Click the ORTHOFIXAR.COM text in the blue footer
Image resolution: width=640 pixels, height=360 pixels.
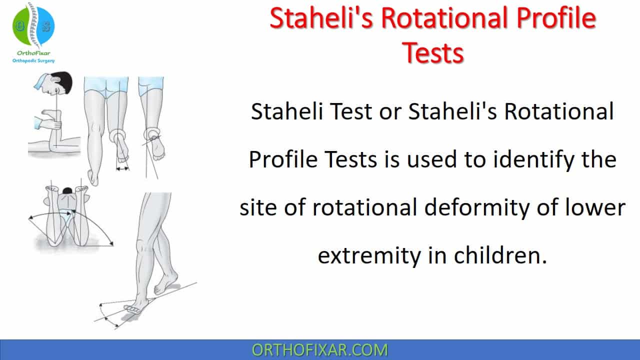pyautogui.click(x=319, y=350)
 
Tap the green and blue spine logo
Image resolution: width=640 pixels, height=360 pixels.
pyautogui.click(x=33, y=25)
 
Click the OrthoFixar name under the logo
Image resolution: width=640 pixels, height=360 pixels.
pyautogui.click(x=33, y=53)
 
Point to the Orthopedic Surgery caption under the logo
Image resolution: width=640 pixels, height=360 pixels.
pyautogui.click(x=33, y=60)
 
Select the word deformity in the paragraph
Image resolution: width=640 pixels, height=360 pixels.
pyautogui.click(x=477, y=207)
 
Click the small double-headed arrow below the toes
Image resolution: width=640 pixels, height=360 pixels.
pyautogui.click(x=123, y=169)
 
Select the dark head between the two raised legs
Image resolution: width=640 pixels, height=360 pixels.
pyautogui.click(x=67, y=190)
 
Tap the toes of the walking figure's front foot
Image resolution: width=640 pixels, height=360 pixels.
pyautogui.click(x=132, y=308)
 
